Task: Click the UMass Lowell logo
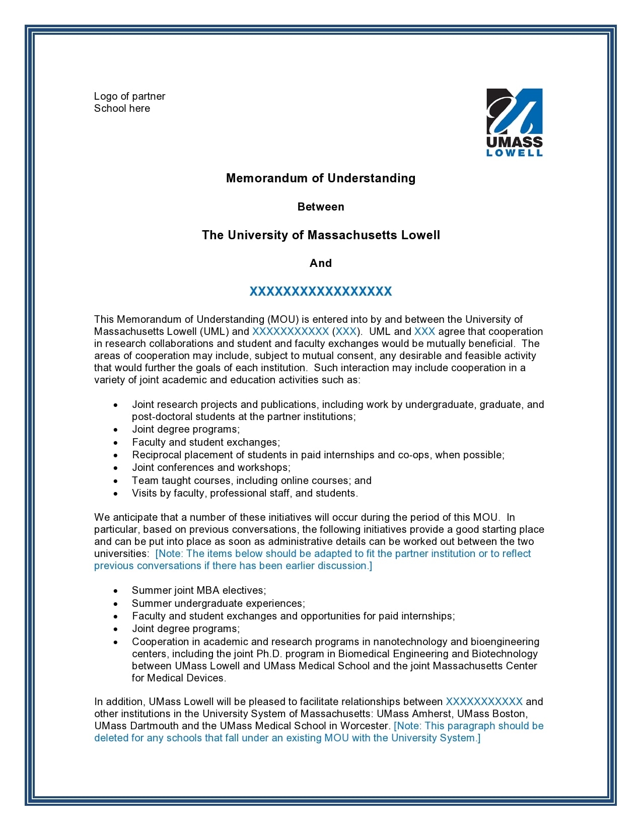click(514, 122)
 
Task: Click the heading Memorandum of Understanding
click(321, 178)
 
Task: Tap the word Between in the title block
click(321, 207)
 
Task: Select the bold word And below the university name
click(321, 263)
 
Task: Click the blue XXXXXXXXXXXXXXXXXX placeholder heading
click(321, 292)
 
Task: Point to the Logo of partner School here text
click(129, 102)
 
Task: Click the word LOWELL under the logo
click(514, 153)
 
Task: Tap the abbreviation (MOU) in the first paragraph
click(283, 319)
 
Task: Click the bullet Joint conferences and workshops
click(211, 468)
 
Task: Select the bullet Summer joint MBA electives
click(199, 590)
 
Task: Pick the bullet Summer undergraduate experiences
click(218, 603)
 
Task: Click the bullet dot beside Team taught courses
click(116, 481)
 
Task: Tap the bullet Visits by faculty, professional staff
click(245, 493)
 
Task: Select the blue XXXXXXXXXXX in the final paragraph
click(484, 702)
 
